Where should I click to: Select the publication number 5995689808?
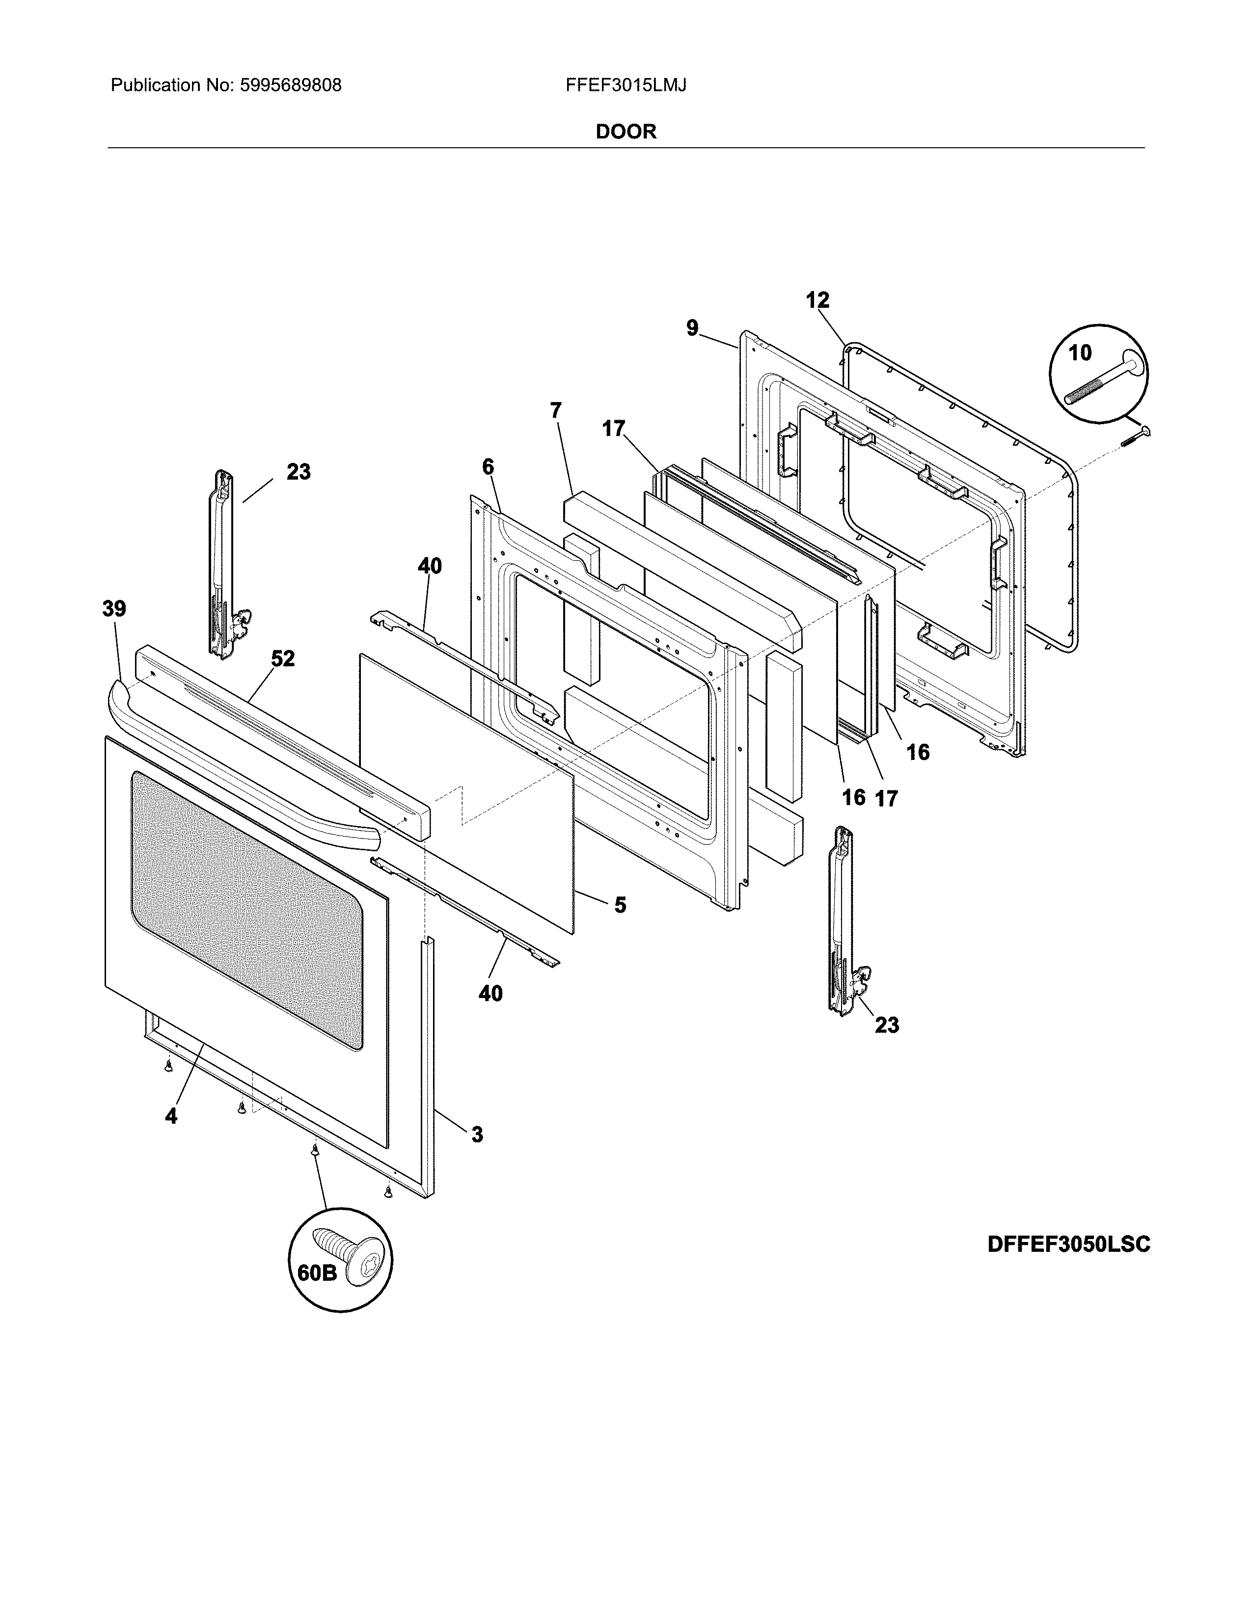point(290,85)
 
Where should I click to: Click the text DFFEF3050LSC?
point(1068,1244)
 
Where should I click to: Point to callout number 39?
point(114,610)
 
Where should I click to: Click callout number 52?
point(283,659)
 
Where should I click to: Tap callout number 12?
point(817,300)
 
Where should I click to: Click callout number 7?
point(555,410)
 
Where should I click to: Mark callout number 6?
point(488,466)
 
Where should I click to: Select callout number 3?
point(477,1134)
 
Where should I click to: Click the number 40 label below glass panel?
point(490,993)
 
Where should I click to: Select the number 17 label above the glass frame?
point(613,429)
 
